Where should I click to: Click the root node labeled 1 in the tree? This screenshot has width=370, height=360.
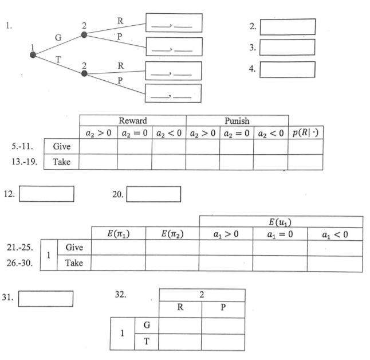coord(33,54)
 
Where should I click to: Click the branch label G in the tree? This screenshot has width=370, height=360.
coord(58,37)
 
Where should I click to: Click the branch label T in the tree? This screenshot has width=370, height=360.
coord(58,60)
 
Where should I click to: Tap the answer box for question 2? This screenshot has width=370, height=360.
coord(287,27)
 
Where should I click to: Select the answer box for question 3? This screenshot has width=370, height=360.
coord(287,48)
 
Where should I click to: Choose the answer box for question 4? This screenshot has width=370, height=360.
coord(287,69)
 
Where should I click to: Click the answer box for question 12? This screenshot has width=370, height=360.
coord(46,194)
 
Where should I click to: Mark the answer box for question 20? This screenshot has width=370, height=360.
coord(153,194)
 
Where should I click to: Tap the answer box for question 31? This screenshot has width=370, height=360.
coord(46,298)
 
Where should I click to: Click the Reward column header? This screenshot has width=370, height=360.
coord(132,120)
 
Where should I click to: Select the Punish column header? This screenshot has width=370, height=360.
coord(236,120)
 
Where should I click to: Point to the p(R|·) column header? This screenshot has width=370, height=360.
coord(305,132)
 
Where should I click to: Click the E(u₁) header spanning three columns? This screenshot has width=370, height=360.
coord(281,221)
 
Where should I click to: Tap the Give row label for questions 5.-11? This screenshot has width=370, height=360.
coord(61,146)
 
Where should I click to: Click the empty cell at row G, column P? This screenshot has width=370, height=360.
coord(223,325)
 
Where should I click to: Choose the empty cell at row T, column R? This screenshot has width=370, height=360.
coord(179,342)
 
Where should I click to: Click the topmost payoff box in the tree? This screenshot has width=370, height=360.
coord(174,23)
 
